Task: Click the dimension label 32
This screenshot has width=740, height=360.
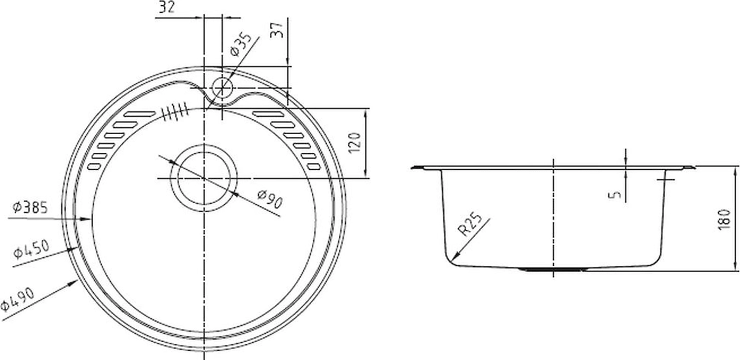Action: click(x=167, y=7)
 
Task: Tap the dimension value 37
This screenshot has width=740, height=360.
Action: click(x=277, y=30)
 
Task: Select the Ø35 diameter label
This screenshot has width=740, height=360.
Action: click(x=241, y=44)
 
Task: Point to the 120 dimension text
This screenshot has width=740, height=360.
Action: click(x=355, y=143)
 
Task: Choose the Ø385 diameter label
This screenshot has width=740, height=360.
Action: click(x=30, y=208)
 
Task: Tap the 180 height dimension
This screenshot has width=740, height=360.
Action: click(x=724, y=219)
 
